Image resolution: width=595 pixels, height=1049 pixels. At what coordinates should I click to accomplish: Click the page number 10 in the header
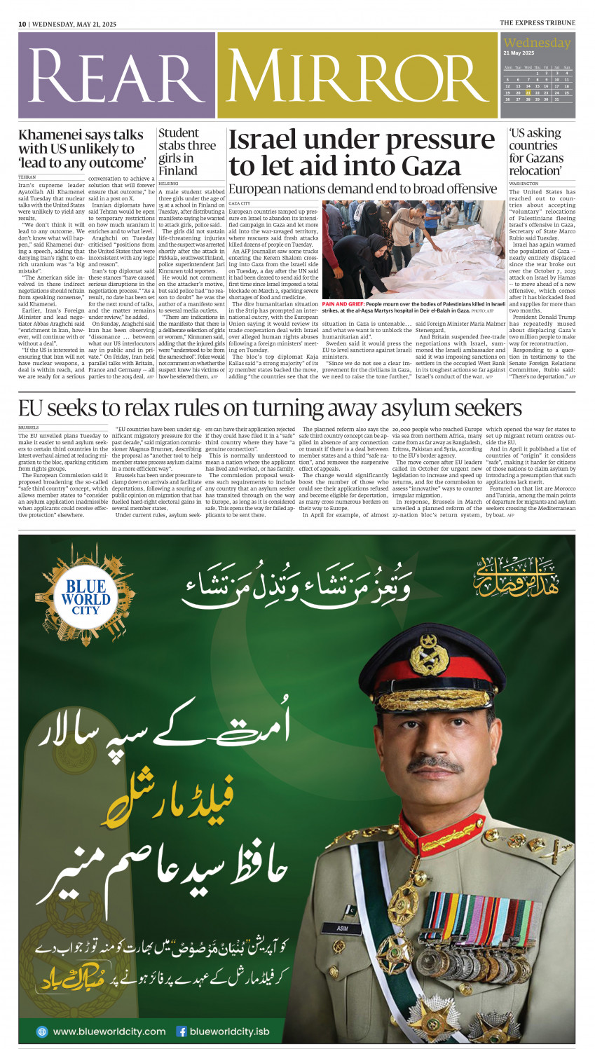point(22,24)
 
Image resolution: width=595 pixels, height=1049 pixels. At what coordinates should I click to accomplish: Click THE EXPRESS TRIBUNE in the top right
point(537,23)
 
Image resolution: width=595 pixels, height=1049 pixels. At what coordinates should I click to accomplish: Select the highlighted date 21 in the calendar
point(528,92)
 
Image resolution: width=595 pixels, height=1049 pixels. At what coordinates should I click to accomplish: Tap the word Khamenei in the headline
point(50,135)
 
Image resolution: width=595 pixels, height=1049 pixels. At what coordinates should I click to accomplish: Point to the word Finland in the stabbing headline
point(178,171)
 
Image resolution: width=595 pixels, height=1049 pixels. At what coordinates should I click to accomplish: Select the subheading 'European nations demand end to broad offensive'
point(362,189)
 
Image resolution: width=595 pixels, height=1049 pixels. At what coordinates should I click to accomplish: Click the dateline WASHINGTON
point(524,184)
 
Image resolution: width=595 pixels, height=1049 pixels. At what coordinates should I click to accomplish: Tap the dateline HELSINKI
point(169,184)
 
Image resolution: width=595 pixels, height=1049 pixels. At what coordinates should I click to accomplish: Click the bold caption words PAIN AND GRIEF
point(343,305)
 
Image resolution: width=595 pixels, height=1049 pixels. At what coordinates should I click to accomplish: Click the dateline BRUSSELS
point(29,427)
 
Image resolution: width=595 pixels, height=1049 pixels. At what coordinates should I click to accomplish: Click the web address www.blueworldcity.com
point(109,1031)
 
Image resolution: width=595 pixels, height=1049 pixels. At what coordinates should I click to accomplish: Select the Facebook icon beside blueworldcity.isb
point(182,1031)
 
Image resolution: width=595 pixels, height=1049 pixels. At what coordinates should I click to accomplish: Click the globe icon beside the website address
point(42,1031)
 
